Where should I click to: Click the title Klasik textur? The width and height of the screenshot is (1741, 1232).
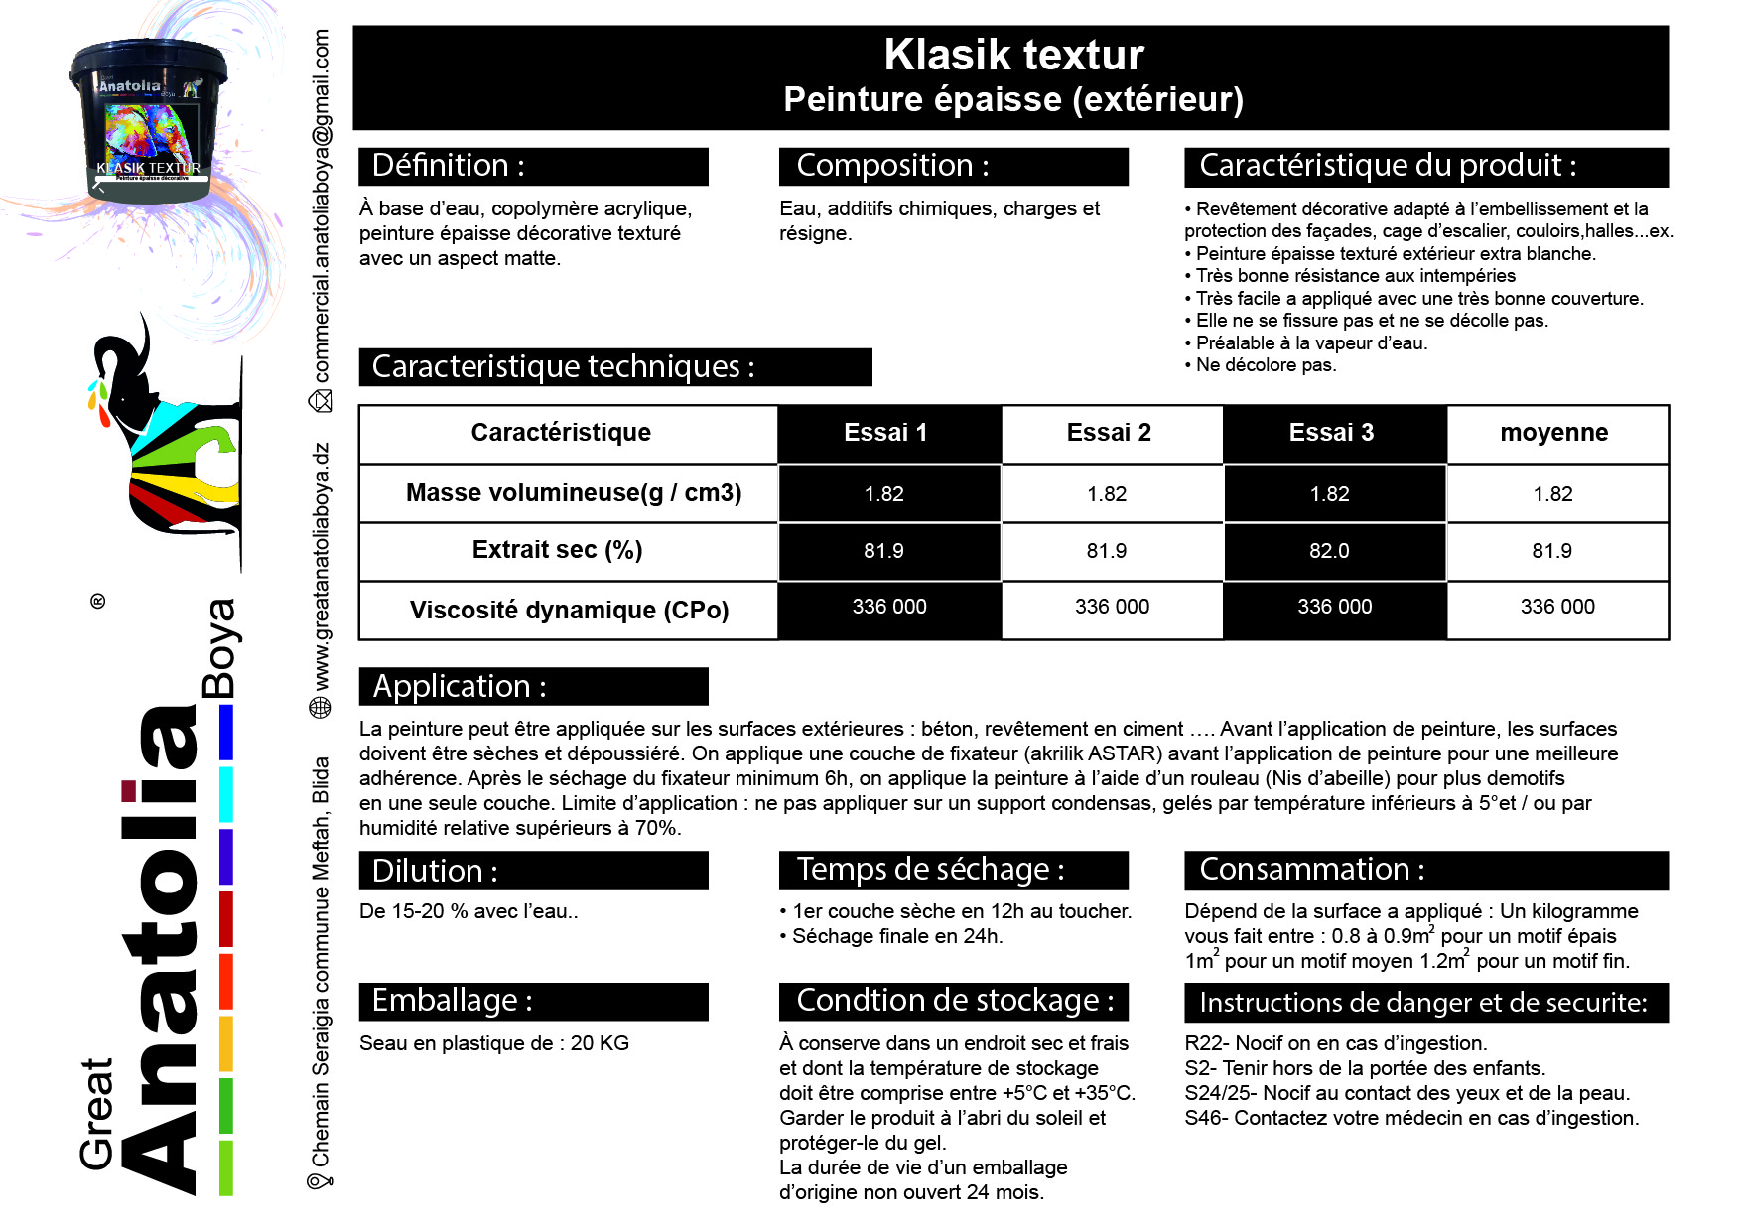tap(1013, 55)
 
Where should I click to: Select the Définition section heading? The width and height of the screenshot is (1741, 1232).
tap(448, 166)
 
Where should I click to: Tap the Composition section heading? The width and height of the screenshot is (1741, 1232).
tap(892, 166)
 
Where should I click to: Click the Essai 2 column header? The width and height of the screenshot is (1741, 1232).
tap(1109, 433)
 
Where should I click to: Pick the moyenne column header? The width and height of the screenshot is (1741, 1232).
tap(1553, 433)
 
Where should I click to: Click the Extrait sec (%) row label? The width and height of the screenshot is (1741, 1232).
tap(557, 550)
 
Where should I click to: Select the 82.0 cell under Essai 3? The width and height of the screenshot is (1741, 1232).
tap(1329, 551)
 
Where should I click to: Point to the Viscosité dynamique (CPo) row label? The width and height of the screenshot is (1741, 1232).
tap(569, 610)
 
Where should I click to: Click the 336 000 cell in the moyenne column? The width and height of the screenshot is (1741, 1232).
tap(1557, 607)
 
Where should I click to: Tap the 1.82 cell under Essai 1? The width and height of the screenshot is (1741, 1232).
tap(883, 494)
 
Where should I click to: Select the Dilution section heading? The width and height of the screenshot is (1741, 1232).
tap(435, 871)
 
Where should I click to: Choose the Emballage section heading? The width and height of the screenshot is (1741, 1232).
tap(452, 1001)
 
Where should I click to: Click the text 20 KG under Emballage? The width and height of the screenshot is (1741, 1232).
tap(600, 1043)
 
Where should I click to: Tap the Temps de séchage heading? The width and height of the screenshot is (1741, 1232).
tap(930, 870)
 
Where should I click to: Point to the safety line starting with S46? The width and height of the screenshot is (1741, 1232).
tap(1411, 1118)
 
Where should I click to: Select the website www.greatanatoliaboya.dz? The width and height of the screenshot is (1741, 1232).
tap(322, 567)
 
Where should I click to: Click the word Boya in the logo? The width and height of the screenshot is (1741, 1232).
tap(219, 648)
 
